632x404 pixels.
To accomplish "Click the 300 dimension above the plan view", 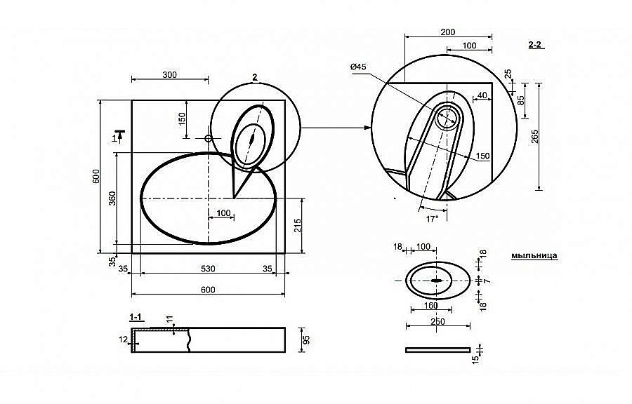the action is (x=170, y=74).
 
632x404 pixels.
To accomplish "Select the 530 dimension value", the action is (x=208, y=269).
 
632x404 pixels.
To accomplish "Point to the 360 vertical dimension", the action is (x=112, y=198).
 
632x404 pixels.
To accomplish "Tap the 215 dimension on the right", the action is (x=298, y=227).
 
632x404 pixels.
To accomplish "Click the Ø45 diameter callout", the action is (x=358, y=67).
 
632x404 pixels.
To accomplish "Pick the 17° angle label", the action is (x=432, y=219).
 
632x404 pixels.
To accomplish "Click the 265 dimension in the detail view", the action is (x=534, y=136).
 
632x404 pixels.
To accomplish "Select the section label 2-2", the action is (x=535, y=45).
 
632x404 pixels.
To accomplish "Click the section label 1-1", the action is (x=136, y=317).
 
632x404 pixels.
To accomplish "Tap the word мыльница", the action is (x=534, y=255).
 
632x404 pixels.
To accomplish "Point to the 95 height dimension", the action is (x=306, y=340).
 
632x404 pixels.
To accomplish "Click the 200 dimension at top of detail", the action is (x=448, y=32).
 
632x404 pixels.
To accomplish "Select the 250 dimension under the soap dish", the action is (x=437, y=321).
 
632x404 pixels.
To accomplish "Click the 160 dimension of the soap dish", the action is (x=431, y=305).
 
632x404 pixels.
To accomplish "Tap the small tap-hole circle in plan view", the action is (x=209, y=138).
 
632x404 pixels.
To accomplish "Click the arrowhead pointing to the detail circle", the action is (x=367, y=128).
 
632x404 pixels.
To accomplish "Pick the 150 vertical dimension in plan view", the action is (x=182, y=119).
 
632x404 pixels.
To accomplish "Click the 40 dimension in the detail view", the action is (x=482, y=95).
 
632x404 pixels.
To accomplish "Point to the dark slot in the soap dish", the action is (x=437, y=280).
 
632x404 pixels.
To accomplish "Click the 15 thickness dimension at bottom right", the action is (x=475, y=359).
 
